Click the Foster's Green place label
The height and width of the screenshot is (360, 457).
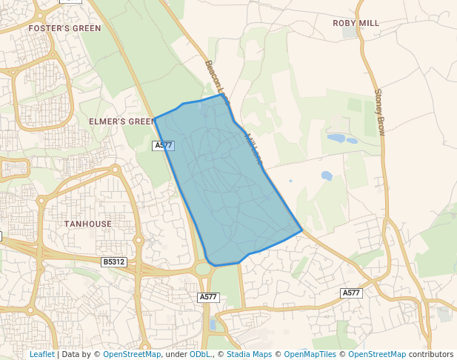[x=64, y=28]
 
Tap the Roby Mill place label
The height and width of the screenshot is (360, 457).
[x=356, y=23]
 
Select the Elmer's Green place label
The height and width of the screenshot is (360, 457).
[x=122, y=121]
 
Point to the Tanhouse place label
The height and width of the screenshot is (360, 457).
[x=87, y=223]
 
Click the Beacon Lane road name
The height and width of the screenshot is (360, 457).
[x=218, y=81]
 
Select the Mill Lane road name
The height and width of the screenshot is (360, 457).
[x=253, y=147]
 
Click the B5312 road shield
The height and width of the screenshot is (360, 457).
[x=114, y=262]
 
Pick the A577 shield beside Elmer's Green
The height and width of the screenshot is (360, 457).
[x=164, y=146]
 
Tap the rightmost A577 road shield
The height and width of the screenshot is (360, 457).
[x=351, y=293]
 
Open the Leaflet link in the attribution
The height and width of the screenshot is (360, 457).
[x=42, y=354]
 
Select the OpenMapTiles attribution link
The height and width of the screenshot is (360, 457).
[x=310, y=354]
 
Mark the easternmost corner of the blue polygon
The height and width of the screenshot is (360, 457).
[x=301, y=230]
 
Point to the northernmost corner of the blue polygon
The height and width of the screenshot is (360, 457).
[x=221, y=94]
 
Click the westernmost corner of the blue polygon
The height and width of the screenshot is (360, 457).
[x=154, y=119]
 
